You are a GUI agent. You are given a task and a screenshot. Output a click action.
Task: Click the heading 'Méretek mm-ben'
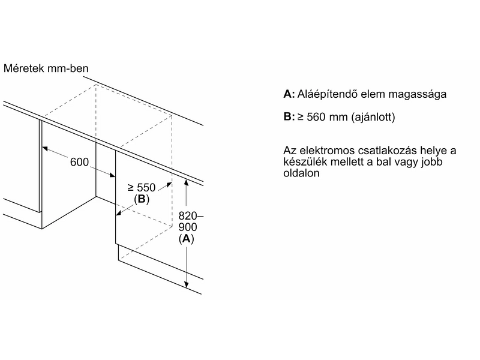point(46,68)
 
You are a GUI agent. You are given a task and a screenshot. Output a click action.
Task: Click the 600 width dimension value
point(79,163)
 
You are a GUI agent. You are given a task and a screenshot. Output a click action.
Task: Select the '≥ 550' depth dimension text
point(142,188)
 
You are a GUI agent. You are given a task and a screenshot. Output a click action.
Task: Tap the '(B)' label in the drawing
point(142,199)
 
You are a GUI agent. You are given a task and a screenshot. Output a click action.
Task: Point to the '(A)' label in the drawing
point(187,239)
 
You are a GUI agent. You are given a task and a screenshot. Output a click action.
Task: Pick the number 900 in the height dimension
point(188,227)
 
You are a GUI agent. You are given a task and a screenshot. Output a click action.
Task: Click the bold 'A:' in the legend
point(289,95)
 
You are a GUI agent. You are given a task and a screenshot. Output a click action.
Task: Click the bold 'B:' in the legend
point(289,117)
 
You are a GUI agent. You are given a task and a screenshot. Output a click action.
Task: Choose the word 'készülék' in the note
point(302,161)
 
